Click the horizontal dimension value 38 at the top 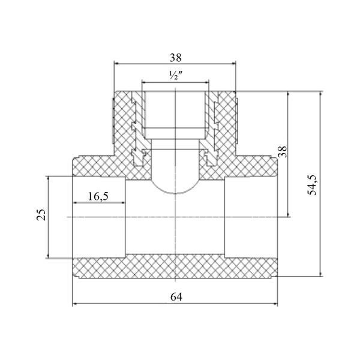(176, 58)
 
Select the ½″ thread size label (176, 76)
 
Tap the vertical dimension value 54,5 (312, 185)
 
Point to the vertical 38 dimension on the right (283, 152)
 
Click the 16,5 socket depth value (98, 196)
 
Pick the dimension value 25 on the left (41, 215)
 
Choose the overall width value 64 (176, 297)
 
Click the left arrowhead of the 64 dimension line (74, 304)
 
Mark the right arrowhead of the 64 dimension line (275, 304)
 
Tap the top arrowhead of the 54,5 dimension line (320, 94)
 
